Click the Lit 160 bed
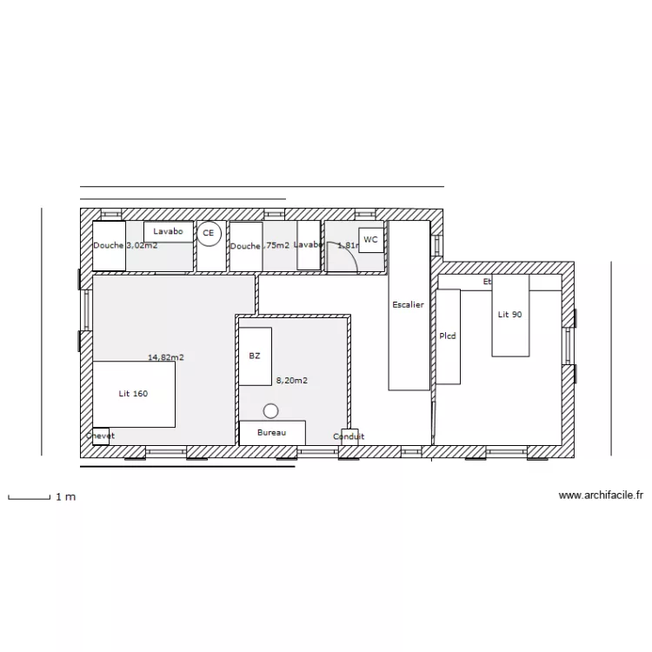click(x=134, y=394)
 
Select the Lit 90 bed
click(x=510, y=315)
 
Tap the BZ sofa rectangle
click(x=255, y=356)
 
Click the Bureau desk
click(x=272, y=432)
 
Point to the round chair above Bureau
click(x=271, y=409)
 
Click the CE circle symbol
click(x=208, y=234)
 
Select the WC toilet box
click(x=371, y=240)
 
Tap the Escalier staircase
click(x=409, y=305)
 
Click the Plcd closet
click(x=448, y=336)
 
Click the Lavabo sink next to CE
click(x=169, y=232)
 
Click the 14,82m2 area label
click(x=165, y=357)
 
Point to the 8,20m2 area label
click(x=292, y=380)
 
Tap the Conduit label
click(x=349, y=436)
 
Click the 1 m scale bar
click(x=29, y=497)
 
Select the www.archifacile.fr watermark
click(x=601, y=496)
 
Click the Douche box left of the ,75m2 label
click(x=245, y=246)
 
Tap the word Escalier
click(x=408, y=305)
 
